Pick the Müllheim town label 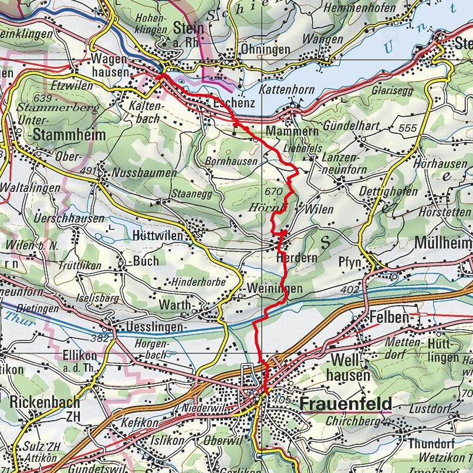click(x=443, y=243)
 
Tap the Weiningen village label click(x=275, y=289)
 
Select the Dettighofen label click(x=389, y=191)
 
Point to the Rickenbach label click(x=44, y=402)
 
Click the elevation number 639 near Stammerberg click(x=43, y=97)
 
